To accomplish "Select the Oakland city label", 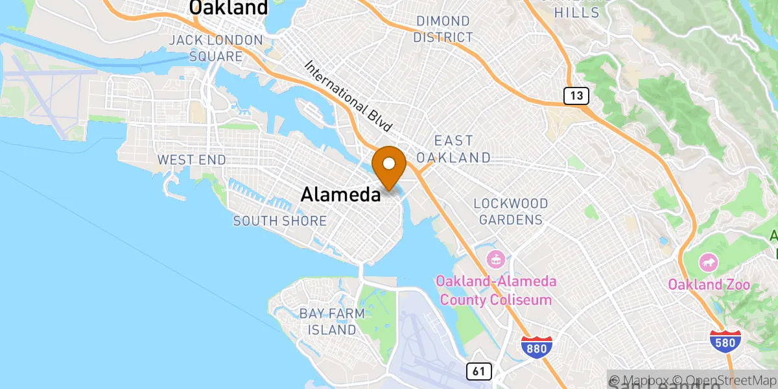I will click(228, 8).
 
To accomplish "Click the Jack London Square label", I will click(216, 49).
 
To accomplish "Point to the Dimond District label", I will click(443, 30).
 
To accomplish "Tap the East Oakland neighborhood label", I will click(453, 149).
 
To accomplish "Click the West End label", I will click(192, 159).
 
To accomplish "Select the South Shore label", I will click(280, 221).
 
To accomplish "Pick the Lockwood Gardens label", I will click(511, 212).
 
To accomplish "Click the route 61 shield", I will click(478, 371).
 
